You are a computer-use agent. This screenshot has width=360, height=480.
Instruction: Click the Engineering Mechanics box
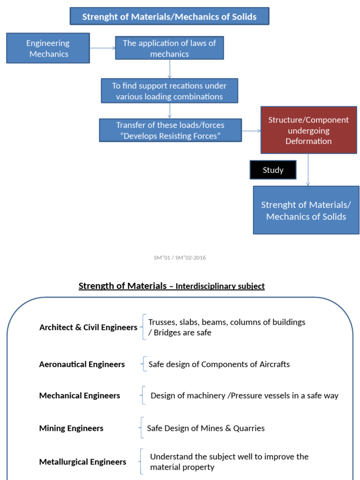point(48,48)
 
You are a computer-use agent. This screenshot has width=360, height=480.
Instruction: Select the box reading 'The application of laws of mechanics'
point(169,48)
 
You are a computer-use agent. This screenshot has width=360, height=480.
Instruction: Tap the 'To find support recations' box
point(169,91)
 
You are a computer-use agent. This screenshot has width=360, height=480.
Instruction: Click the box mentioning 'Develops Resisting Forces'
point(170,130)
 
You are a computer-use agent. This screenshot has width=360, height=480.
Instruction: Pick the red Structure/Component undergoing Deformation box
point(308,130)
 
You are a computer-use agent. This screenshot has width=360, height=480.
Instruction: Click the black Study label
point(273,170)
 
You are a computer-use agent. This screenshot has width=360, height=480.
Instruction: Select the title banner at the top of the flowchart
point(169,16)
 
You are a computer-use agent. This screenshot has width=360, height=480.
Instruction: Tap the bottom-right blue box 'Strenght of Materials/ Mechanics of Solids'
point(306,210)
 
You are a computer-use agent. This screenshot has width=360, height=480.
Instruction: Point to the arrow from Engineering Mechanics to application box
point(102,48)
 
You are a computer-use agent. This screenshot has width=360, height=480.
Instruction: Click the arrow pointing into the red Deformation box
point(251,131)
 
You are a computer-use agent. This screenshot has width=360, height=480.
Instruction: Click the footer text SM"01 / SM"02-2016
point(180,258)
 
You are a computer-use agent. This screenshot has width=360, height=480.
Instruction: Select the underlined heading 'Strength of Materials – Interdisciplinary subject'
point(172,286)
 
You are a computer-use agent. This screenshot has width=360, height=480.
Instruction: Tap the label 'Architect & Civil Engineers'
point(88,327)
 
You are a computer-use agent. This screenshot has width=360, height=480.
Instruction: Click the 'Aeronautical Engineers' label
point(82,364)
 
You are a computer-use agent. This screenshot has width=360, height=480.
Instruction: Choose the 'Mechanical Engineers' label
point(80,396)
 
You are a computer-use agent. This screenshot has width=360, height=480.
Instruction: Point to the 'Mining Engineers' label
point(71,428)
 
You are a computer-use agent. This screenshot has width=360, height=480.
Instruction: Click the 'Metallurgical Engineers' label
point(82,462)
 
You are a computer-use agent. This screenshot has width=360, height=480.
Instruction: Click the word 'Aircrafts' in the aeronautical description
point(274,364)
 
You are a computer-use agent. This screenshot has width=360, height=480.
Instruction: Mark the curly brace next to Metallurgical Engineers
point(142,461)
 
